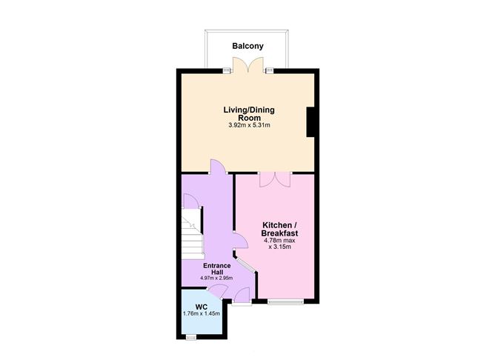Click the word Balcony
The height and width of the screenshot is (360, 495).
click(247, 46)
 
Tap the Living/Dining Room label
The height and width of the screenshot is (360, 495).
click(249, 113)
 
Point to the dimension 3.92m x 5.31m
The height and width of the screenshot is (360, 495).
click(249, 125)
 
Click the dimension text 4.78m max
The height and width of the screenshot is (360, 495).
click(281, 240)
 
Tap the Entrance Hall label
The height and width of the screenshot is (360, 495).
click(216, 268)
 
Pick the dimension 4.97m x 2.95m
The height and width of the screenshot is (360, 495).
click(216, 279)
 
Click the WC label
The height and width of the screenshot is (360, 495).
click(201, 307)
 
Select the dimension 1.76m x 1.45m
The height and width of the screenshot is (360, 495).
click(201, 315)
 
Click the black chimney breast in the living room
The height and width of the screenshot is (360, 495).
click(312, 121)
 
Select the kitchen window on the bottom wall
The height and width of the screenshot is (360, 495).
click(285, 301)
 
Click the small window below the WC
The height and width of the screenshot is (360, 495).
click(191, 338)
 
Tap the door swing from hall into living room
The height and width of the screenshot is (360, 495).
click(216, 167)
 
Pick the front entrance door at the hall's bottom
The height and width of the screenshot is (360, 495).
click(241, 298)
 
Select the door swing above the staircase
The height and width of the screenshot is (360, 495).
click(190, 201)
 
